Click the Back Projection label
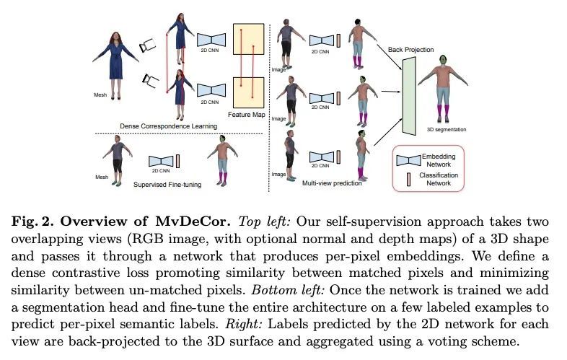(x=411, y=50)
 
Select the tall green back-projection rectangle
(x=410, y=97)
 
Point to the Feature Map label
(x=245, y=115)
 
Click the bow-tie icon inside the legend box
(x=408, y=159)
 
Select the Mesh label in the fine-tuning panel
(x=101, y=177)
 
